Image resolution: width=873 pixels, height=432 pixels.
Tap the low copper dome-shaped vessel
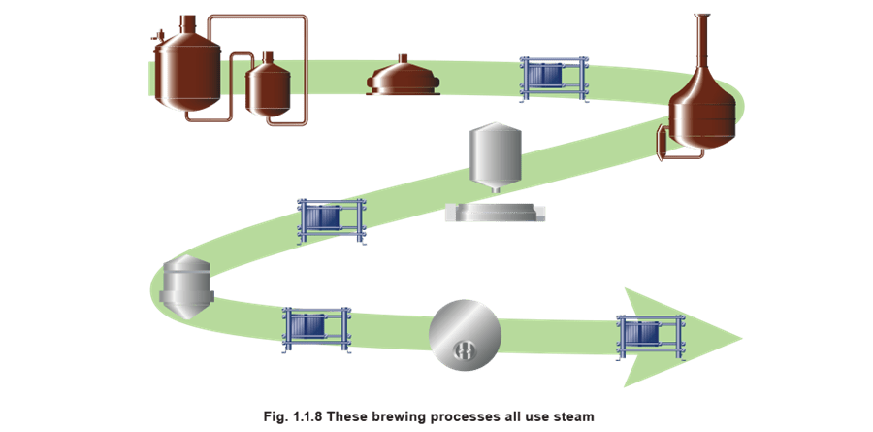coord(404,79)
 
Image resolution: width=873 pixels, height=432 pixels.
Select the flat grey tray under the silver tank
coord(495,213)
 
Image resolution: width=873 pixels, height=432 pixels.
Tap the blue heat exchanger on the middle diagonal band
coord(331,219)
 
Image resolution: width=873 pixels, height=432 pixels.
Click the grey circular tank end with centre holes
coord(466,334)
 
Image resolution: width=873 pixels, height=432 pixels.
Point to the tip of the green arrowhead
coord(741,338)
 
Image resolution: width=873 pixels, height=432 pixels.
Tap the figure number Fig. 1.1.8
coord(292,416)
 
